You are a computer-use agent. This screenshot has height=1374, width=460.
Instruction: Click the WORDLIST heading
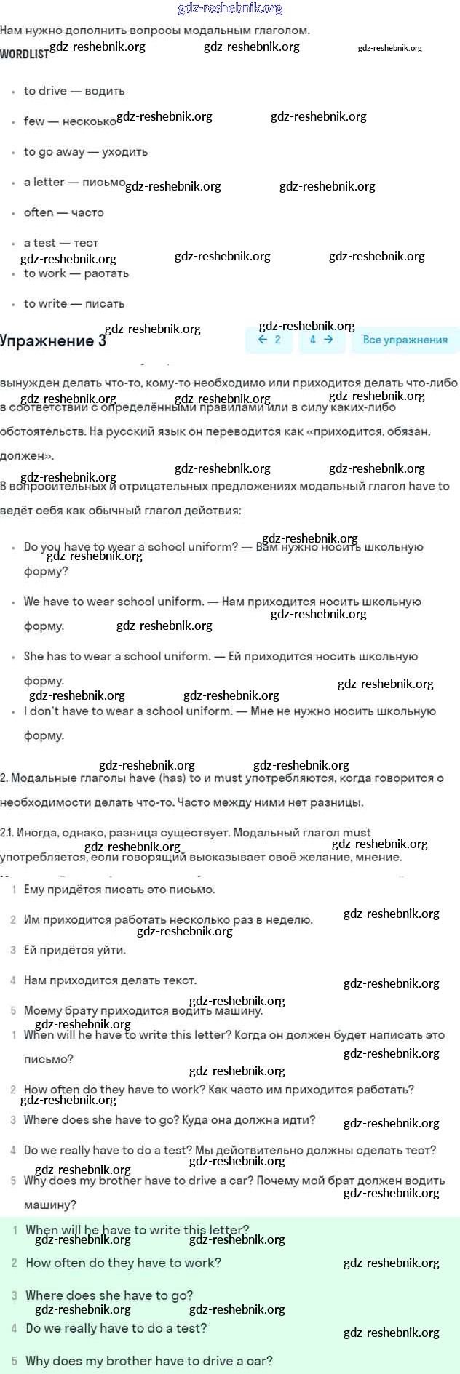tap(24, 54)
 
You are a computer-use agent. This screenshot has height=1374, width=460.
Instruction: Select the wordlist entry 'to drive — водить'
tap(74, 91)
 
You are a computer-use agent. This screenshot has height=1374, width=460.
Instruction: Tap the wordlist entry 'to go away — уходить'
tap(86, 152)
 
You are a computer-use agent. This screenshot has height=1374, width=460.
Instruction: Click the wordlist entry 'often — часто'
tap(64, 212)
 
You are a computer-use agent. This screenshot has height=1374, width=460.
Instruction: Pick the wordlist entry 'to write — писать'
tap(74, 303)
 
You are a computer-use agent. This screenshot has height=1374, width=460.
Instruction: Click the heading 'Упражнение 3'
tap(53, 340)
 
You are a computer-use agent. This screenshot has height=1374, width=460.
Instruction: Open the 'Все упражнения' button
tap(405, 340)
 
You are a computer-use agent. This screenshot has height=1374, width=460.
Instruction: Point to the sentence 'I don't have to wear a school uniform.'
tap(128, 711)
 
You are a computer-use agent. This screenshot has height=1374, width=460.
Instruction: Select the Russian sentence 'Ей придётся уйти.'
tap(75, 950)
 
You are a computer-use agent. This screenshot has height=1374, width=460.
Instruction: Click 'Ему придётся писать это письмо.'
tap(119, 889)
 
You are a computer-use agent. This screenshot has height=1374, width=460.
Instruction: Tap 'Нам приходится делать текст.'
tap(110, 980)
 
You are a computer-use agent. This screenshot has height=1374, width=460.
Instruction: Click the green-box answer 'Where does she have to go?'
tap(109, 1295)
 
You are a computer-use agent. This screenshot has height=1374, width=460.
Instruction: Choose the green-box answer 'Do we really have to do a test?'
tap(116, 1328)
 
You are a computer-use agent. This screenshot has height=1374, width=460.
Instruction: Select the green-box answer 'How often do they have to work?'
tap(123, 1263)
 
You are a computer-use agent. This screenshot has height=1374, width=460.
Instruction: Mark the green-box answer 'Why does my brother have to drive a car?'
tap(149, 1361)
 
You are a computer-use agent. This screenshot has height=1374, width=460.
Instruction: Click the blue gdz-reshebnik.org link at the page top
tap(230, 9)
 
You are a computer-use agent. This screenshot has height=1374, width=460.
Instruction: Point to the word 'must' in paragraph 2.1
tap(357, 832)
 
